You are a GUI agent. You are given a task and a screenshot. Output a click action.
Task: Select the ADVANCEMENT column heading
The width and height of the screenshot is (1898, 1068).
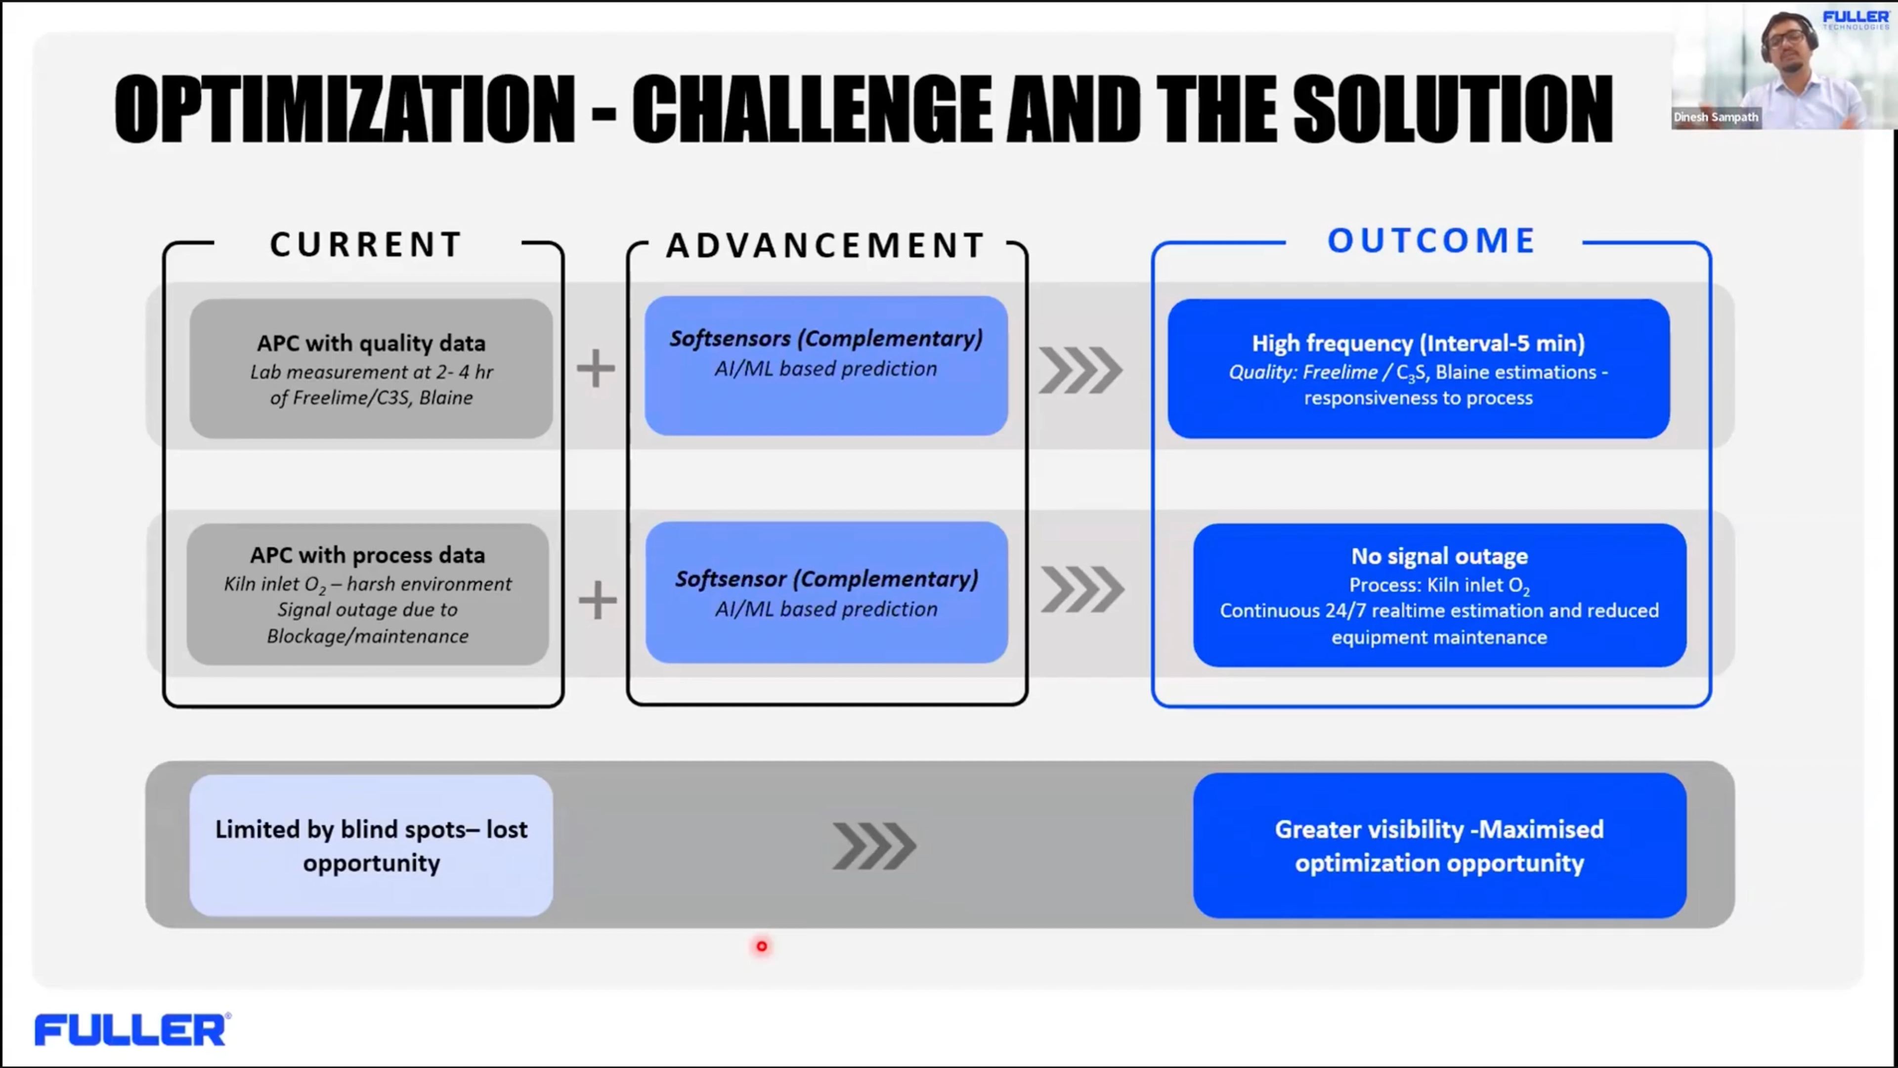point(825,245)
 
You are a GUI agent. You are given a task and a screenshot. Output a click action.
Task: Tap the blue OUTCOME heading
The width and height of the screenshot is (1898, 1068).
point(1431,241)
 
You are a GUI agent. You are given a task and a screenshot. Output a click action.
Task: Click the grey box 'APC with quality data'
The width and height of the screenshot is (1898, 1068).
point(371,368)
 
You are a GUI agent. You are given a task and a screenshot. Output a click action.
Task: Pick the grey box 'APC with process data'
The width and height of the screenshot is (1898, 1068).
point(368,594)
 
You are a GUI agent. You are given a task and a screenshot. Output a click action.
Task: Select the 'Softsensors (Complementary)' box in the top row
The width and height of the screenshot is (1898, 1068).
point(826,365)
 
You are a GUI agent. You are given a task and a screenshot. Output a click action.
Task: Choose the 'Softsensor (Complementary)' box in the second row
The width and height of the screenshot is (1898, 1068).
point(826,593)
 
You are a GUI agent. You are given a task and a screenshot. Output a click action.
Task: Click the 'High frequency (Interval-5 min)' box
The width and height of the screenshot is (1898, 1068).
point(1419,368)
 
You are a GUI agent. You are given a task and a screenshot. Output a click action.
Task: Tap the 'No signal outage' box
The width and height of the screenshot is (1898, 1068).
point(1439,595)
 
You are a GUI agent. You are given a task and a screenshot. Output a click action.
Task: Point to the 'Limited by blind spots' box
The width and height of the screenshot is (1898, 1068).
point(371,845)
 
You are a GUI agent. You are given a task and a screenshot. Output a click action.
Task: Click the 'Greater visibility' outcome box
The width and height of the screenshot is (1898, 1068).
point(1439,845)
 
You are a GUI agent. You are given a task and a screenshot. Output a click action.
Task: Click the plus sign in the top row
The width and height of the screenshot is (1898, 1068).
point(595,368)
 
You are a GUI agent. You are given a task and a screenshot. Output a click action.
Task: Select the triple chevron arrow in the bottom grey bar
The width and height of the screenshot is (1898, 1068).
point(874,845)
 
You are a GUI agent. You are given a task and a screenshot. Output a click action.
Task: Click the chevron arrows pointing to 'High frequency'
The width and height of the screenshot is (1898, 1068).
point(1080,370)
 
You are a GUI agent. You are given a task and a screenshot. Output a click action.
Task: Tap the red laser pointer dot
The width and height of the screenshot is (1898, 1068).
point(762,946)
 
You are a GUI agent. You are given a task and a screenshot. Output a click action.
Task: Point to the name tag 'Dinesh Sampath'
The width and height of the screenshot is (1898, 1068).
point(1715,117)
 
